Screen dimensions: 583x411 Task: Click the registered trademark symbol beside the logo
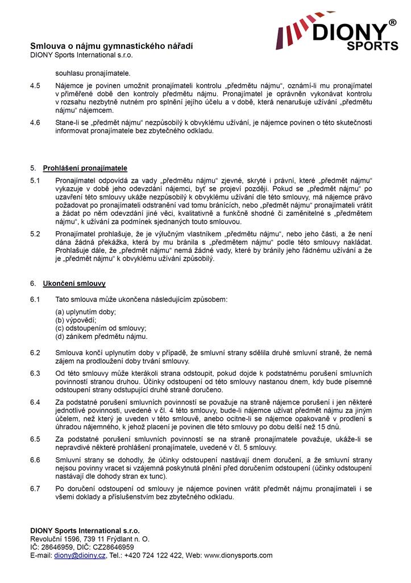[392, 23]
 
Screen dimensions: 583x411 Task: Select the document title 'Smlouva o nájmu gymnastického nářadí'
[111, 46]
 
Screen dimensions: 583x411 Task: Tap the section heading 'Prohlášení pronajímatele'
[85, 169]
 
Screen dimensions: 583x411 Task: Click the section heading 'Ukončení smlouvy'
[74, 284]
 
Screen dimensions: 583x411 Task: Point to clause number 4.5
[35, 85]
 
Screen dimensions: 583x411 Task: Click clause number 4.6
[35, 122]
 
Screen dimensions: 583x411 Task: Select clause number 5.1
[35, 180]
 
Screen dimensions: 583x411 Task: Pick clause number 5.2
[35, 233]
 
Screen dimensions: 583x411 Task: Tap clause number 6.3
[35, 373]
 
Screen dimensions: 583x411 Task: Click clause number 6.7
[35, 489]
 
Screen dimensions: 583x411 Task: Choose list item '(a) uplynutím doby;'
[86, 312]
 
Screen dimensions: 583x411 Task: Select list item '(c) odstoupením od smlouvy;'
[101, 329]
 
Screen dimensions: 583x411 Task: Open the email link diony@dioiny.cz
[80, 556]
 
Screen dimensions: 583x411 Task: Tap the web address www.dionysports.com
[238, 556]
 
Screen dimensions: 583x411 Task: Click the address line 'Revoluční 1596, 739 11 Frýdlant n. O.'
[90, 539]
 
